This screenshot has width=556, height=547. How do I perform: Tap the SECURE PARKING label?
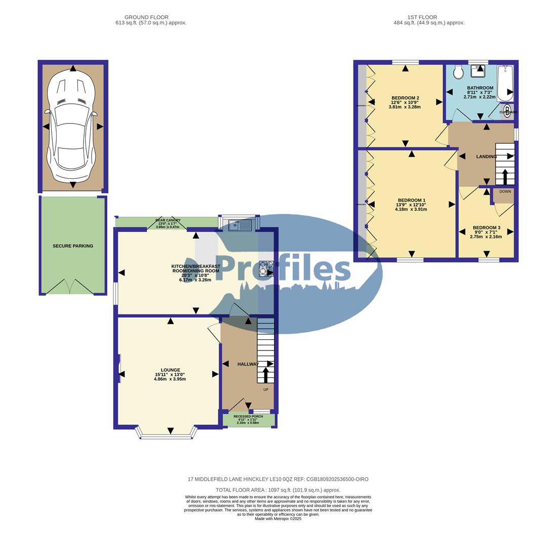[73, 246]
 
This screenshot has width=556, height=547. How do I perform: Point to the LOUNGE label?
[170, 370]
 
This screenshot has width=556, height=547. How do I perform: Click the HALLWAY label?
[248, 364]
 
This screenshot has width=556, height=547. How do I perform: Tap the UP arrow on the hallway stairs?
[265, 375]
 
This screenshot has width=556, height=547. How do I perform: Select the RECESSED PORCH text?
[248, 417]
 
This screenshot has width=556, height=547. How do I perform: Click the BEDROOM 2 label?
[405, 98]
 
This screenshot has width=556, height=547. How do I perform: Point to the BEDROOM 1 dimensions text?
[411, 207]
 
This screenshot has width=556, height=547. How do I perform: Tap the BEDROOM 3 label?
[486, 228]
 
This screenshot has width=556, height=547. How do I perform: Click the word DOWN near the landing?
[505, 191]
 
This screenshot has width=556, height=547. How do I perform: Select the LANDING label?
[486, 157]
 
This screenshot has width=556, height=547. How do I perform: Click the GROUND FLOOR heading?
[146, 17]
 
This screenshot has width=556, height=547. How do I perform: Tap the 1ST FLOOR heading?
[422, 17]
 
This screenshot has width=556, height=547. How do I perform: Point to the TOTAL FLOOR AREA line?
[278, 490]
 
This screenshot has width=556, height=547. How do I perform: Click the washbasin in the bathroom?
[478, 71]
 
